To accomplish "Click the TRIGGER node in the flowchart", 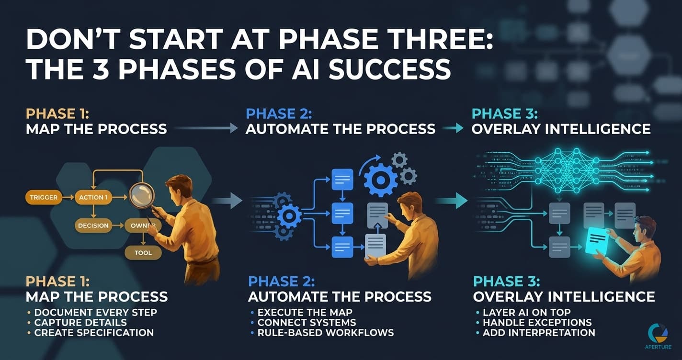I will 44,197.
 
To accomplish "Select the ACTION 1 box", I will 93,197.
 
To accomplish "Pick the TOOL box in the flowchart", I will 143,253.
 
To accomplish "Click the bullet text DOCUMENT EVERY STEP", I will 95,313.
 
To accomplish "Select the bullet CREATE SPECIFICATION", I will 94,333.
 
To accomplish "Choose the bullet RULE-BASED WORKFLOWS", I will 325,333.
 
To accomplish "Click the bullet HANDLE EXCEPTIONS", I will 537,322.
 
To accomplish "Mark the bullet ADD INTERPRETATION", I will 539,333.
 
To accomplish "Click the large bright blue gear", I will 380,180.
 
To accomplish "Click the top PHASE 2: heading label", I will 279,114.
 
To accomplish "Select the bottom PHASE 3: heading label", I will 507,281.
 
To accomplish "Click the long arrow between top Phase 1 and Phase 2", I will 206,128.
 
